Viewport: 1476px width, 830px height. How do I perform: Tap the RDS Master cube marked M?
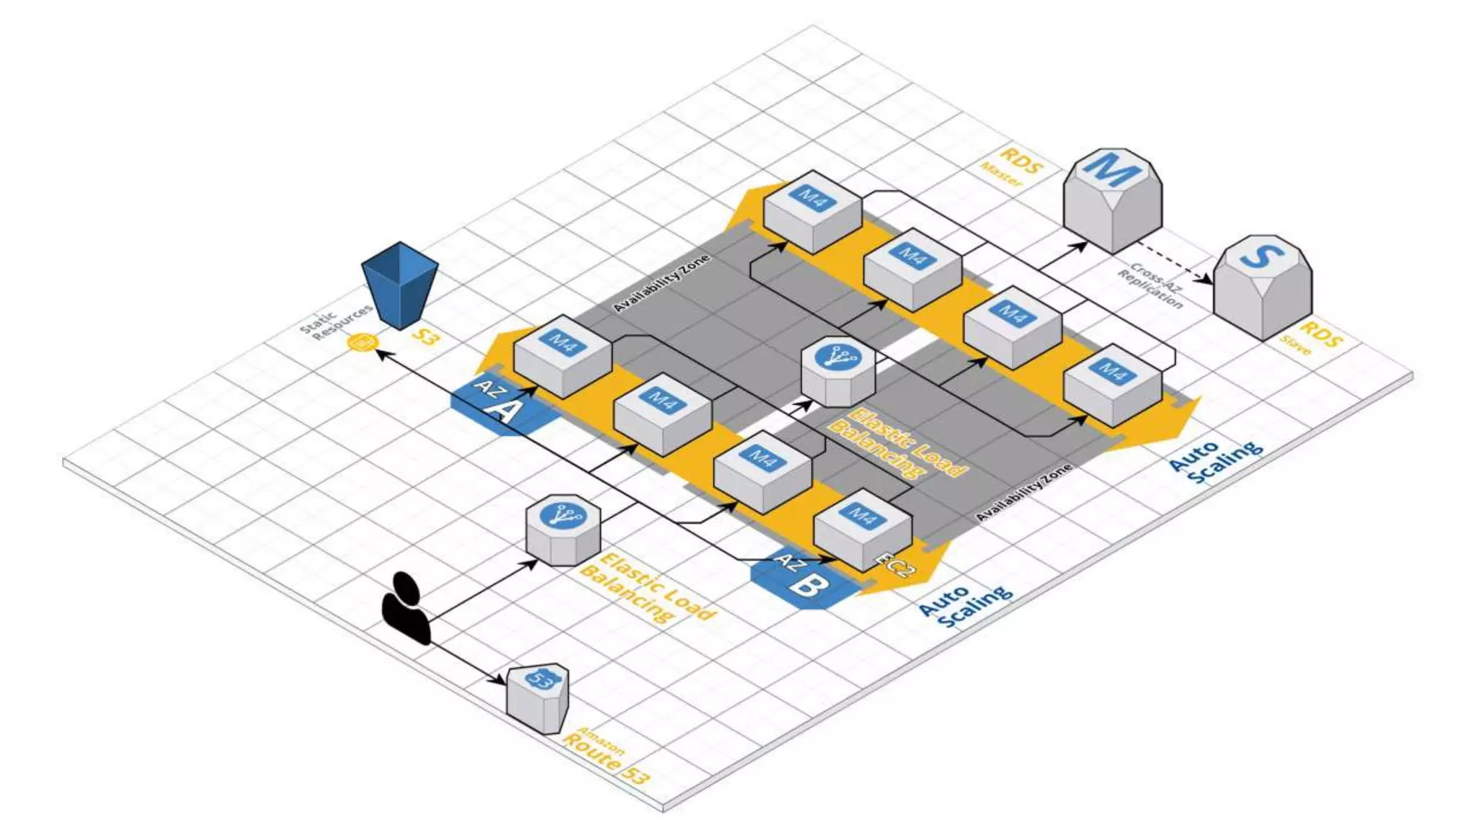1112,198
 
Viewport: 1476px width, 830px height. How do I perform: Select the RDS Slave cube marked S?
1263,285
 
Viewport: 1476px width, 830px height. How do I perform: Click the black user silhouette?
406,608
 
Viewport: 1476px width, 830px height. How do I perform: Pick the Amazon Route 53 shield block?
537,696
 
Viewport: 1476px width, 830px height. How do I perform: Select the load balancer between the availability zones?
838,371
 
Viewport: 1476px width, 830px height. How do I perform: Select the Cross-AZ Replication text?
1152,285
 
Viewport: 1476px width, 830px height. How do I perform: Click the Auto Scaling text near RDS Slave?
1214,461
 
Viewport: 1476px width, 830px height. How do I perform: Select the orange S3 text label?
425,335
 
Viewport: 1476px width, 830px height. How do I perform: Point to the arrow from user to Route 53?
468,660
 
